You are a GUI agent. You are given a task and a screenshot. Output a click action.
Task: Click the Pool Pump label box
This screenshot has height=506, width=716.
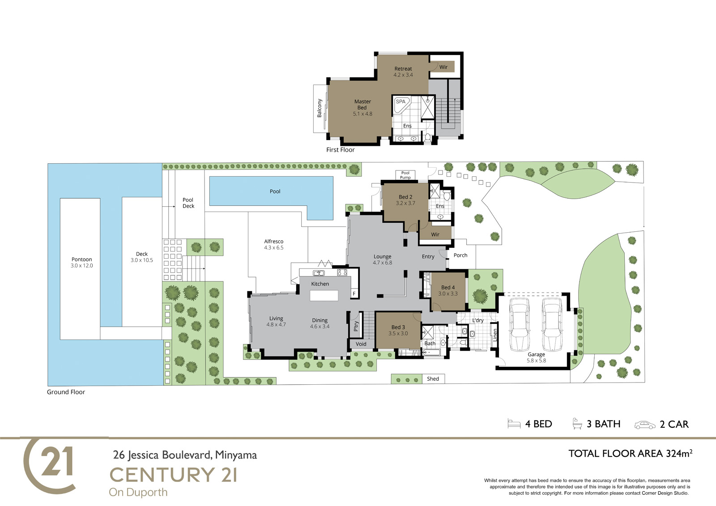(x=405, y=175)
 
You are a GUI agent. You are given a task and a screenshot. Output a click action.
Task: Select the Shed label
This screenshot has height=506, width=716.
(x=433, y=379)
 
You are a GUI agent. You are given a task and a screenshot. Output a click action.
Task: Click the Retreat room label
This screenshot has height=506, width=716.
(x=403, y=69)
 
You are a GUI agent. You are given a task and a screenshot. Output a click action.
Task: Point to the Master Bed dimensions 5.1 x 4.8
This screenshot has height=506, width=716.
(x=362, y=114)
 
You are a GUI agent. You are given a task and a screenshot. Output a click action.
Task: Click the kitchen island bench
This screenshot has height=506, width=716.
(x=324, y=295)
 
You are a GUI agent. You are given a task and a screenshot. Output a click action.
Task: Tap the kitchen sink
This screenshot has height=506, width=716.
(x=318, y=273)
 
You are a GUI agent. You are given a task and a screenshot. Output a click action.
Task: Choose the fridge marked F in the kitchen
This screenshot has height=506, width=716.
(x=354, y=294)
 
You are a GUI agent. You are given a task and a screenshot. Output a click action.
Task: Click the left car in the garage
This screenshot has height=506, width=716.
(x=520, y=324)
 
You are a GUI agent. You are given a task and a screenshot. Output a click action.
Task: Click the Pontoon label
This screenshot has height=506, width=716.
(x=81, y=259)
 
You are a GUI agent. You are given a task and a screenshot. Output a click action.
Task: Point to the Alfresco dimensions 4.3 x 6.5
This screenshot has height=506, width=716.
(x=273, y=248)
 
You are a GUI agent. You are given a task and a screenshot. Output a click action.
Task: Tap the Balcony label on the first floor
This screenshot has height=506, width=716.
(x=320, y=108)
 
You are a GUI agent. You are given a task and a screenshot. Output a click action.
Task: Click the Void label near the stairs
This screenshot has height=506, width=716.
(x=361, y=344)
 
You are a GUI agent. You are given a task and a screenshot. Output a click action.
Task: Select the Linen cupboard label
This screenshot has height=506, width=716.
(x=495, y=335)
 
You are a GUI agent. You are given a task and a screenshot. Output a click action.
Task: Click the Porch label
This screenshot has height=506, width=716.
(x=460, y=255)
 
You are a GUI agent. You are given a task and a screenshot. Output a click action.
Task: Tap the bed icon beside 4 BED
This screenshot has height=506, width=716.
(x=514, y=424)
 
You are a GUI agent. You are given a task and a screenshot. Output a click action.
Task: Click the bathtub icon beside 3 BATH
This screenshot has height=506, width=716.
(x=577, y=424)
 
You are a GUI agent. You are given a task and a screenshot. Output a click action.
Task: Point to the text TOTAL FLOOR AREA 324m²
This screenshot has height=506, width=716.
(x=631, y=454)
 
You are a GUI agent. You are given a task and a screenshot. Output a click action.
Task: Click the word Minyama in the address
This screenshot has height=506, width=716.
(x=236, y=455)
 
